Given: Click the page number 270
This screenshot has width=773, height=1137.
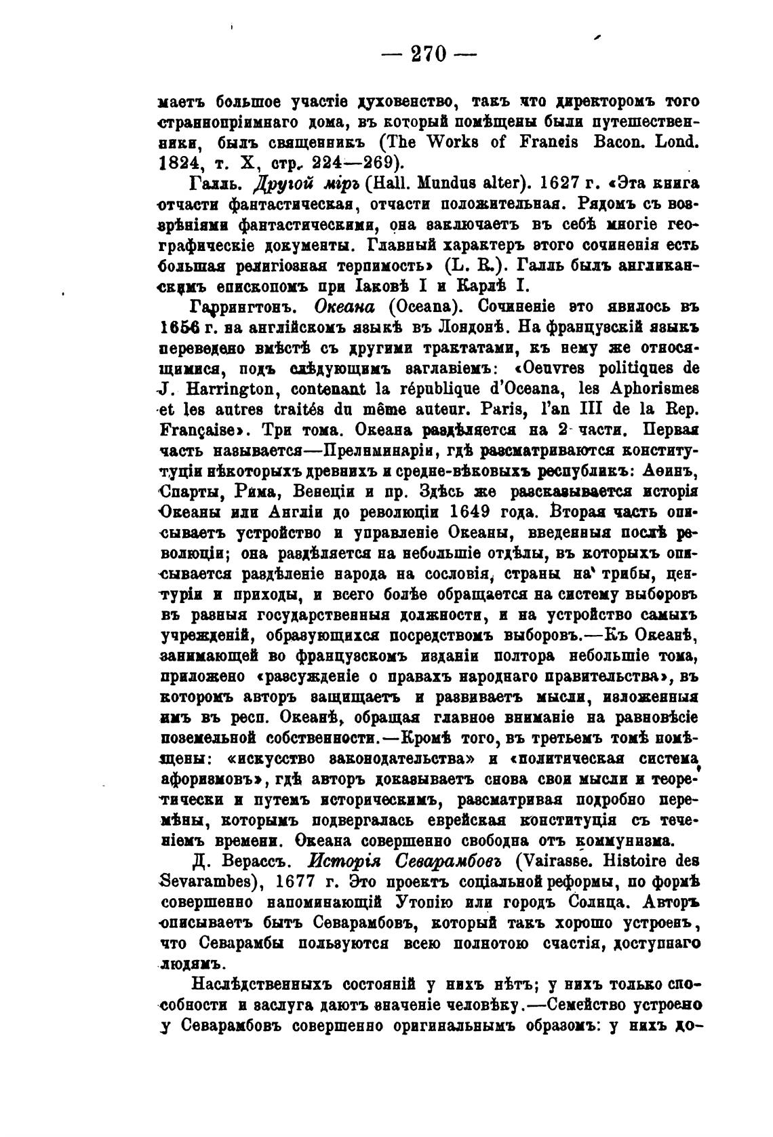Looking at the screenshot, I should coord(429,54).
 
